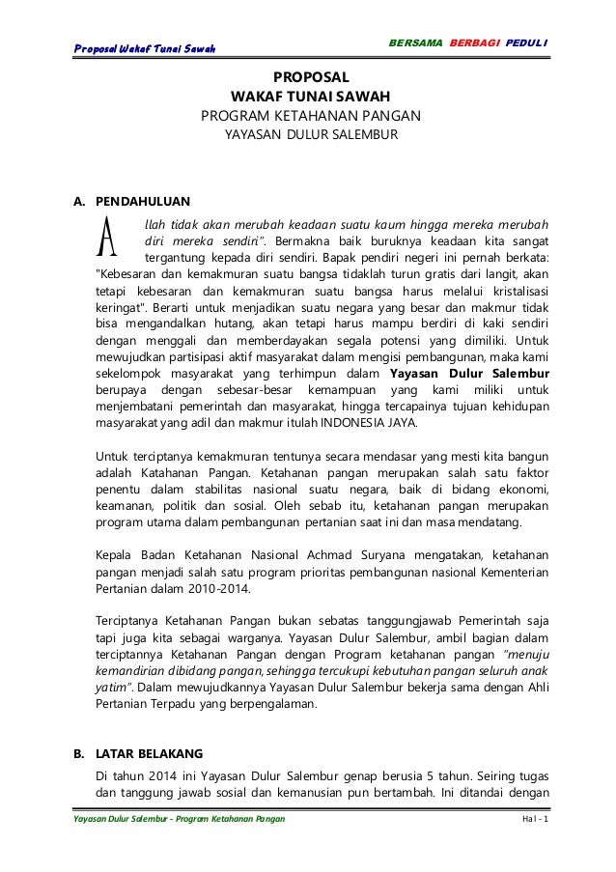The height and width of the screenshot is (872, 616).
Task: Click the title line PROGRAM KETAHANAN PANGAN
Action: pos(309,117)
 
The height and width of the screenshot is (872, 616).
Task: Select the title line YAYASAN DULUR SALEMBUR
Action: pos(309,136)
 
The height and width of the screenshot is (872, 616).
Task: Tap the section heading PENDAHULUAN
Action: pos(143,202)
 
